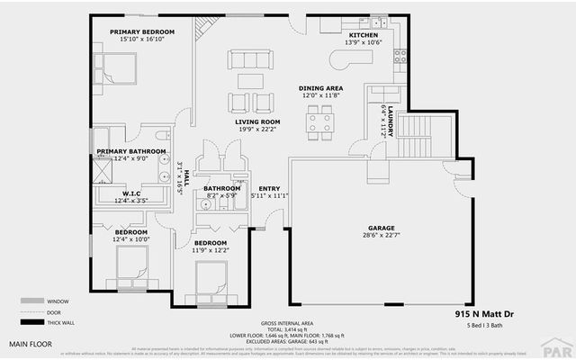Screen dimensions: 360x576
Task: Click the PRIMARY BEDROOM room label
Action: (141, 32)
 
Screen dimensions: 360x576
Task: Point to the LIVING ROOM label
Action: (257, 121)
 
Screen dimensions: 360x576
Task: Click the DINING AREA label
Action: (319, 88)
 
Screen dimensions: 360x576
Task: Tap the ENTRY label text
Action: (269, 188)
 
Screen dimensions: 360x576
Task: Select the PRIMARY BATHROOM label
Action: (131, 151)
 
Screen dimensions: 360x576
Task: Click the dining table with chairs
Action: (319, 121)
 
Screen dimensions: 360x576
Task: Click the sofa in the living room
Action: (250, 60)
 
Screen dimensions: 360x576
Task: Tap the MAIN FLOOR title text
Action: (31, 344)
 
